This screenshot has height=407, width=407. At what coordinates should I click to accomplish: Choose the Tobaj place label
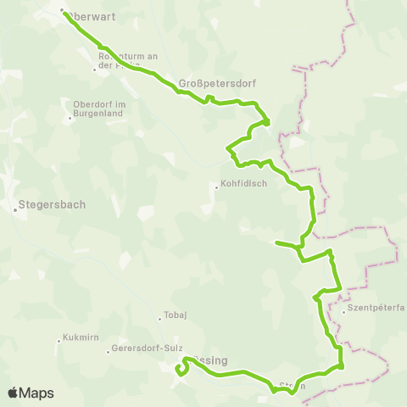pos(175,318)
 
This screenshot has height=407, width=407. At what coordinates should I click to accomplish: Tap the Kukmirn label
pos(81,337)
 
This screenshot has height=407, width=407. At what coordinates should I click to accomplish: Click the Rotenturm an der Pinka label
pos(127,61)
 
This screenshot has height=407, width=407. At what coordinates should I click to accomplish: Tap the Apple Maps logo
pos(30,393)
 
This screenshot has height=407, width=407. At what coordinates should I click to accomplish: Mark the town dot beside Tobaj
pos(159,319)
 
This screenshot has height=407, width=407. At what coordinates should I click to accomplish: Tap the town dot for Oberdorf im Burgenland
pos(70,118)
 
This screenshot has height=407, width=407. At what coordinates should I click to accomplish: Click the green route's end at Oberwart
pos(64,12)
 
